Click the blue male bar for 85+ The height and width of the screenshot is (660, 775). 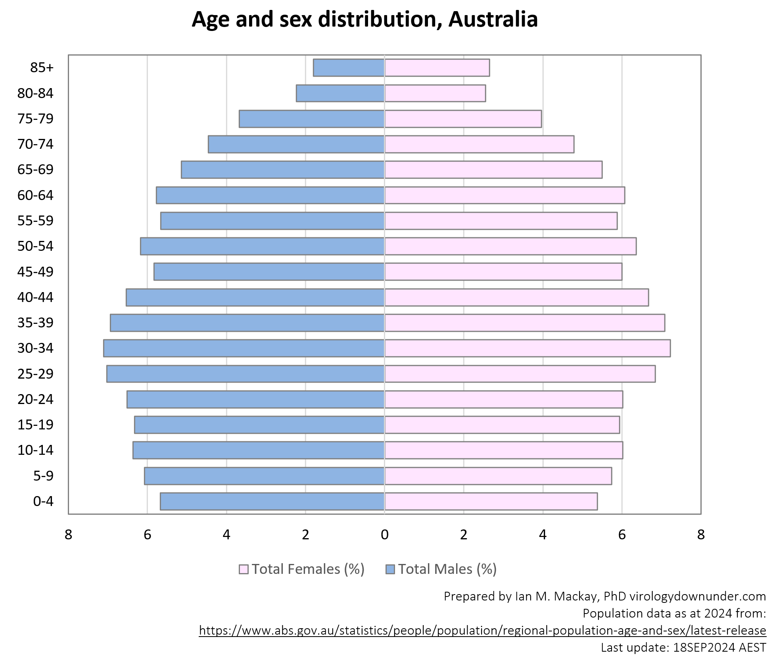click(349, 67)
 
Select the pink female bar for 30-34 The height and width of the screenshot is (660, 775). click(527, 348)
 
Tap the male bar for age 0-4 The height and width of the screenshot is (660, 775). click(272, 501)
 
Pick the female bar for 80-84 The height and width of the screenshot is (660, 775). click(435, 93)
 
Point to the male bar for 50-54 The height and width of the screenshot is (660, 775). click(262, 246)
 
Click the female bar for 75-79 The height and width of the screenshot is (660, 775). click(463, 119)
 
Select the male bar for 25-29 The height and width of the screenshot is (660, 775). click(246, 374)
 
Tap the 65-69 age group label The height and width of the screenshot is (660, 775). click(35, 169)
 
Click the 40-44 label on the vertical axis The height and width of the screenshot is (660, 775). click(35, 297)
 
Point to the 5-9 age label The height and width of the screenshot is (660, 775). click(43, 475)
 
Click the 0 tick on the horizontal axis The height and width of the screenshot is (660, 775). click(384, 535)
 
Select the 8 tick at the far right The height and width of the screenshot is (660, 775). click(701, 535)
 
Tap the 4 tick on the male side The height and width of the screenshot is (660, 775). click(226, 535)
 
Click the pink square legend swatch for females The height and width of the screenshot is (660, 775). click(244, 570)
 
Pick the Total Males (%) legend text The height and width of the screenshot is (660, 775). click(447, 570)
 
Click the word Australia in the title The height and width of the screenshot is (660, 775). click(493, 19)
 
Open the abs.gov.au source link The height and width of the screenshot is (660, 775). click(482, 631)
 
